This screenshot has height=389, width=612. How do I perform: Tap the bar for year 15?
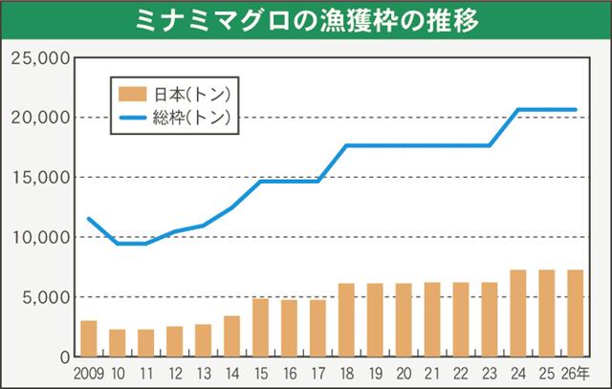pos(260,327)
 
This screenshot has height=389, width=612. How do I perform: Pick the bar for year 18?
pos(346,319)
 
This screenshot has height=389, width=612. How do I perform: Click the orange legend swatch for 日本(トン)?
pos(131,94)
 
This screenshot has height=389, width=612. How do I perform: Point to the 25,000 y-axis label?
pos(36,58)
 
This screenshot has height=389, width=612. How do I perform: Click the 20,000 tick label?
pos(36,118)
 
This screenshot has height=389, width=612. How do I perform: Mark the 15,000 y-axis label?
pos(36,178)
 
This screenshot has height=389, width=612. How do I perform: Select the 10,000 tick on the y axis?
pos(36,237)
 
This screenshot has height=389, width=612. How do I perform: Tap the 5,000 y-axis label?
pos(41,297)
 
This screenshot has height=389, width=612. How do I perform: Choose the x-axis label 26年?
pos(577,372)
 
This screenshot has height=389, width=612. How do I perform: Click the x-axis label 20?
pos(404,372)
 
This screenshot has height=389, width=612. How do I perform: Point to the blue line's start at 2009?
pos(89,219)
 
